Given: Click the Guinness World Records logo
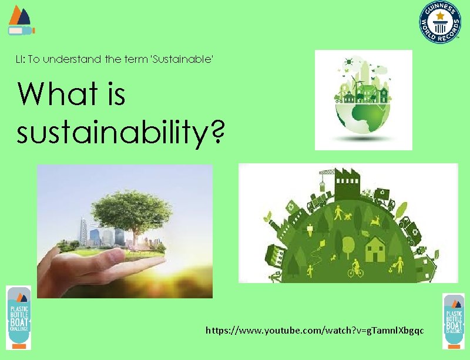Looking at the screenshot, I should [x=440, y=22].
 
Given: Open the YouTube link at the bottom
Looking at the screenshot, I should [x=314, y=331].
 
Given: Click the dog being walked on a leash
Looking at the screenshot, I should [x=347, y=216].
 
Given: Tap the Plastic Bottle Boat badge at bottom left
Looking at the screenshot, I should [x=18, y=318].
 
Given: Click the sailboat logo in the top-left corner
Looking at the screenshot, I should [x=20, y=19].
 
